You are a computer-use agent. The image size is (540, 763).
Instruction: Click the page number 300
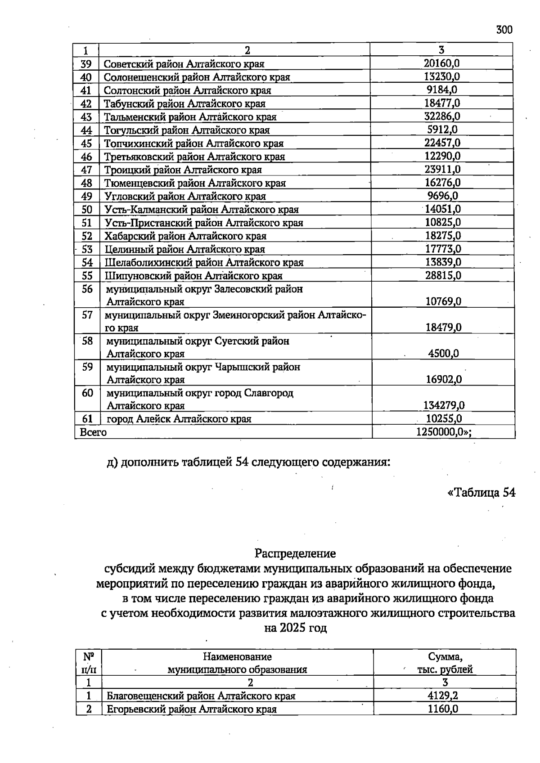pyautogui.click(x=504, y=30)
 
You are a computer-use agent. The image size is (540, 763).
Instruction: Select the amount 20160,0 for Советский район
pyautogui.click(x=441, y=63)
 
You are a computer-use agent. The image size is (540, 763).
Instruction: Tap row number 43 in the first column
pyautogui.click(x=86, y=117)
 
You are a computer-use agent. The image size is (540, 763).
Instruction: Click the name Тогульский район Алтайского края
pyautogui.click(x=187, y=130)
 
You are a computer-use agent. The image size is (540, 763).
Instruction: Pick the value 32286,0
pyautogui.click(x=442, y=116)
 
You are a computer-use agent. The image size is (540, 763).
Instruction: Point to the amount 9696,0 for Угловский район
pyautogui.click(x=442, y=196)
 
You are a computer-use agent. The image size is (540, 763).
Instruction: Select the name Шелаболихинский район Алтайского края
pyautogui.click(x=204, y=262)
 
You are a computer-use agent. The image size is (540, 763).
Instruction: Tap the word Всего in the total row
pyautogui.click(x=93, y=432)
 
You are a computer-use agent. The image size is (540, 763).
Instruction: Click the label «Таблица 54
pyautogui.click(x=481, y=493)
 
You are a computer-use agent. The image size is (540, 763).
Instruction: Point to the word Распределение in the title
pyautogui.click(x=295, y=552)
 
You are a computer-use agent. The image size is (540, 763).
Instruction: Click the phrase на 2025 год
pyautogui.click(x=295, y=628)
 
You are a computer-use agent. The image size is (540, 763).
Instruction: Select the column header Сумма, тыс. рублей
pyautogui.click(x=445, y=663)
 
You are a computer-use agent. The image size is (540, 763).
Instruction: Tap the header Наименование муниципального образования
pyautogui.click(x=237, y=663)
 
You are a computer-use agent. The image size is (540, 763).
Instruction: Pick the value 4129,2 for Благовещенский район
pyautogui.click(x=443, y=696)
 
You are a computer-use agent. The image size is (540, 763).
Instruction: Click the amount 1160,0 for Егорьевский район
pyautogui.click(x=443, y=709)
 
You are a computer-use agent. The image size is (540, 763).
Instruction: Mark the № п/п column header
pyautogui.click(x=89, y=663)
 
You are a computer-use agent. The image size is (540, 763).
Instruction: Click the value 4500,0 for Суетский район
pyautogui.click(x=443, y=353)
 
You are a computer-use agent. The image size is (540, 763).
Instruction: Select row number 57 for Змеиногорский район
pyautogui.click(x=87, y=315)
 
